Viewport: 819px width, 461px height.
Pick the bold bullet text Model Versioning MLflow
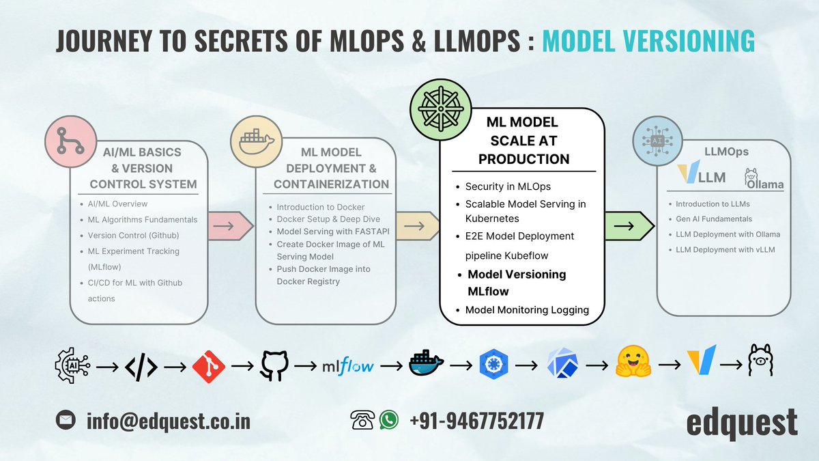click(x=517, y=282)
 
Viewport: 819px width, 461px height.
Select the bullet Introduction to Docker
click(x=321, y=207)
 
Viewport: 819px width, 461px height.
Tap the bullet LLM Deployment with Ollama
click(x=728, y=234)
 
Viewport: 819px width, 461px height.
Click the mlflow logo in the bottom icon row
click(x=347, y=366)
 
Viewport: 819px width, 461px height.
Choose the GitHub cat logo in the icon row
click(x=274, y=366)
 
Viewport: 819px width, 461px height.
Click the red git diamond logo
click(x=209, y=366)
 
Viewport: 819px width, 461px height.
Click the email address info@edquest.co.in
click(x=168, y=421)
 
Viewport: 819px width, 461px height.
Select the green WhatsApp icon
click(x=389, y=420)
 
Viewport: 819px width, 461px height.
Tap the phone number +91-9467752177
click(x=476, y=421)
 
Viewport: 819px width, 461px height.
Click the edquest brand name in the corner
click(x=742, y=421)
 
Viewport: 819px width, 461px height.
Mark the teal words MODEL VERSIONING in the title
click(x=648, y=41)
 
